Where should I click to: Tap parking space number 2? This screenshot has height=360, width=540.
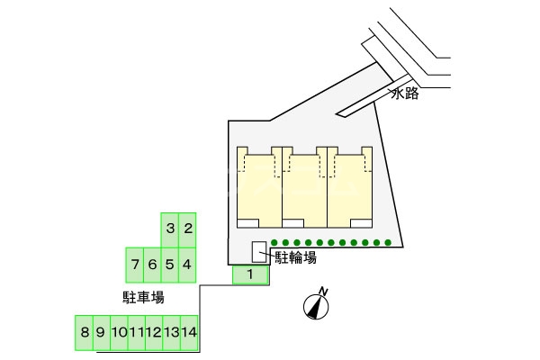pyautogui.click(x=187, y=229)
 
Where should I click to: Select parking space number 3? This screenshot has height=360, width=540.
pyautogui.click(x=170, y=229)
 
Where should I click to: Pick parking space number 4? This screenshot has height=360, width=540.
pyautogui.click(x=187, y=265)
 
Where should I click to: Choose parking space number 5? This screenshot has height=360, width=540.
pyautogui.click(x=170, y=265)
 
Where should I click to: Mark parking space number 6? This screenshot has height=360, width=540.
pyautogui.click(x=152, y=265)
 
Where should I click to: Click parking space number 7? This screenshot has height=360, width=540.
pyautogui.click(x=135, y=265)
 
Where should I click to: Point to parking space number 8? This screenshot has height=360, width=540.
pyautogui.click(x=84, y=332)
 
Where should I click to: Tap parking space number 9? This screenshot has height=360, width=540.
pyautogui.click(x=101, y=332)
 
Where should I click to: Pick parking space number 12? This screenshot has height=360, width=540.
pyautogui.click(x=154, y=332)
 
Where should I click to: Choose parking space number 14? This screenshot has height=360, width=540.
pyautogui.click(x=189, y=332)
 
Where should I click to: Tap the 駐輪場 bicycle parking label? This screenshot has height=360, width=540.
pyautogui.click(x=295, y=257)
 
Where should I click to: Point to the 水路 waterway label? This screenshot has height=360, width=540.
pyautogui.click(x=405, y=94)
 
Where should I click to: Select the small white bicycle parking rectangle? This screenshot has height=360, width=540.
pyautogui.click(x=258, y=251)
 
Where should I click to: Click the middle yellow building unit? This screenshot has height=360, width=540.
pyautogui.click(x=305, y=184)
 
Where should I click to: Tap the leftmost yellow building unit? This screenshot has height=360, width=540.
pyautogui.click(x=259, y=184)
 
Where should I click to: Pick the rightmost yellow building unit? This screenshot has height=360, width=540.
pyautogui.click(x=351, y=184)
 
